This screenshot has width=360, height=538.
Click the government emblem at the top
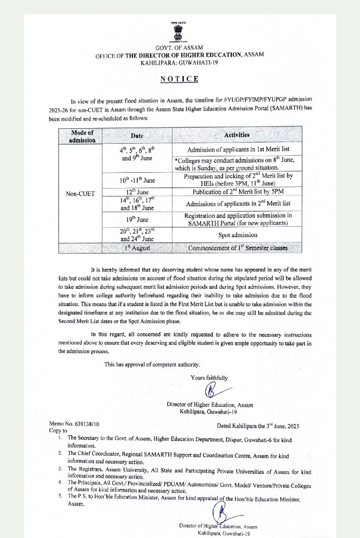coord(180,32)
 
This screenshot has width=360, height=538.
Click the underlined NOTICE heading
coord(180,79)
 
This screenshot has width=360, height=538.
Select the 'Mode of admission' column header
coord(82,136)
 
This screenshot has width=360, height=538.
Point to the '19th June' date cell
coord(137,219)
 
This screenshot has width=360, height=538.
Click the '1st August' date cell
coord(137,248)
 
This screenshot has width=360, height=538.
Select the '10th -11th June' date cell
coord(137,179)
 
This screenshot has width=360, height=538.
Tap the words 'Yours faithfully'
coord(209,378)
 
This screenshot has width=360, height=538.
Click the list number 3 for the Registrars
coord(60,469)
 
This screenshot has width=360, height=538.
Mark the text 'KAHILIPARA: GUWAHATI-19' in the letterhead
coord(180,63)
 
